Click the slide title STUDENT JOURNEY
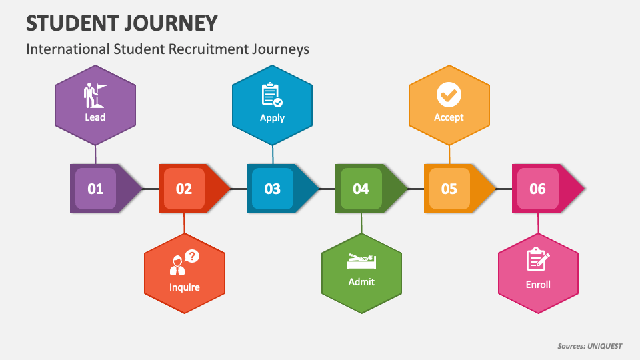pyautogui.click(x=122, y=23)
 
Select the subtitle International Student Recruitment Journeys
pyautogui.click(x=167, y=49)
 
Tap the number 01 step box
pyautogui.click(x=95, y=189)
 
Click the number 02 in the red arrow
pyautogui.click(x=184, y=189)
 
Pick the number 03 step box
pyautogui.click(x=273, y=189)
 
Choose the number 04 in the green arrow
pyautogui.click(x=361, y=189)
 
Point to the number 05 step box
pyautogui.click(x=449, y=189)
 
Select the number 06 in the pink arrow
pyautogui.click(x=537, y=189)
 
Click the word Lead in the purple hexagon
pyautogui.click(x=95, y=117)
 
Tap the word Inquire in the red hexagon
pyautogui.click(x=184, y=287)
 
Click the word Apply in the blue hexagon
pyautogui.click(x=272, y=118)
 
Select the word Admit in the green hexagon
pyautogui.click(x=361, y=281)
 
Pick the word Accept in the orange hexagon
pyautogui.click(x=449, y=117)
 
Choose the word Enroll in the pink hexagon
pyautogui.click(x=538, y=284)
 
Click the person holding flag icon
pyautogui.click(x=95, y=95)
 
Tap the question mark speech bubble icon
pyautogui.click(x=191, y=256)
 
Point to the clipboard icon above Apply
pyautogui.click(x=271, y=95)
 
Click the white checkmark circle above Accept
pyautogui.click(x=449, y=94)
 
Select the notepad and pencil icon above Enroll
pyautogui.click(x=537, y=259)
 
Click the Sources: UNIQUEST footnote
pyautogui.click(x=589, y=346)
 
